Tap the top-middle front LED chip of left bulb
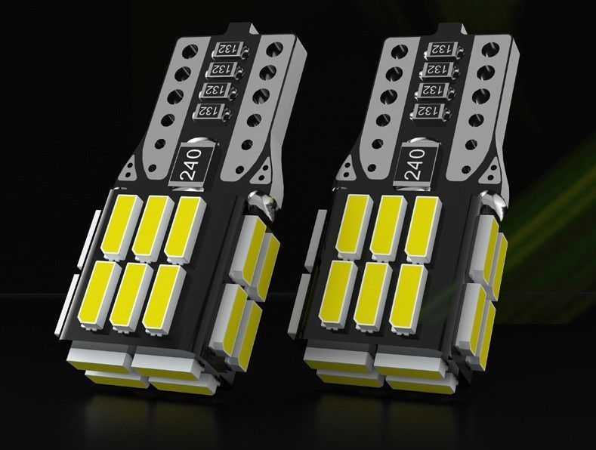click(153, 228)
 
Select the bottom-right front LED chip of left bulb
click(164, 297)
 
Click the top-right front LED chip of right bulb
click(422, 229)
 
